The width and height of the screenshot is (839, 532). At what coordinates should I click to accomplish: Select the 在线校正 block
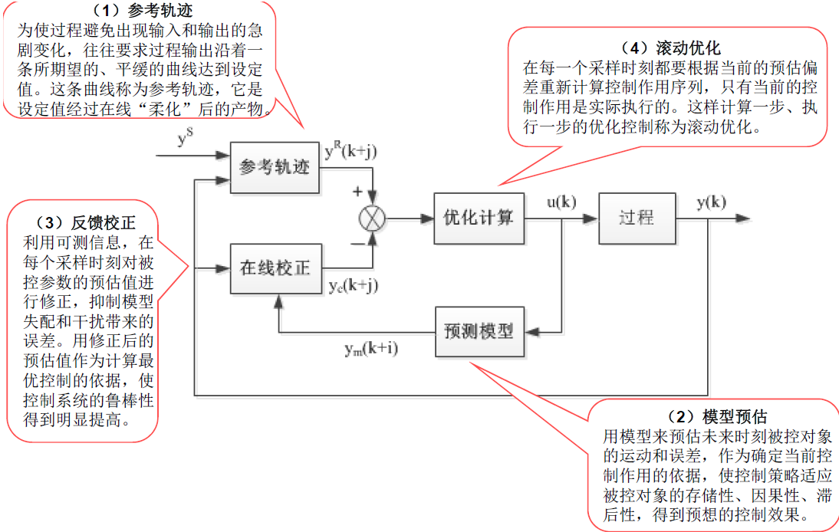(275, 268)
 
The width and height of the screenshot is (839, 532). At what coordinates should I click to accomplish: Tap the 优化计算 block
(479, 218)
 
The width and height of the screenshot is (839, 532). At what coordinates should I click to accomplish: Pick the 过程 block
(637, 218)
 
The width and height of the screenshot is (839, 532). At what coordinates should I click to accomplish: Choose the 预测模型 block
(479, 331)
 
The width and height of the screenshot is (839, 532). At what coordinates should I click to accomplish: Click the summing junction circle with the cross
(373, 218)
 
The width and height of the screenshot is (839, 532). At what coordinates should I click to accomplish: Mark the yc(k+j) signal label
(354, 286)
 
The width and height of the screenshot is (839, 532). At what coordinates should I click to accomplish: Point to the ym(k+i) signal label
(371, 350)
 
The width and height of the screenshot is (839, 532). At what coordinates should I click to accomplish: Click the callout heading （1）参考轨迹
(143, 11)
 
